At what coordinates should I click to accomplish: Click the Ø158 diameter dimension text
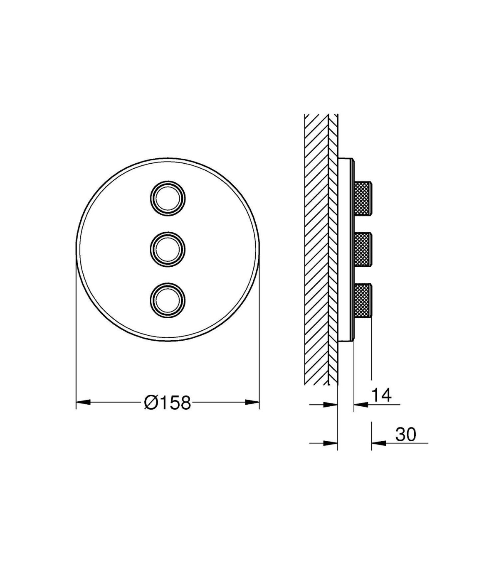tap(168, 403)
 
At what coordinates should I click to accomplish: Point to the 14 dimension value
tap(382, 395)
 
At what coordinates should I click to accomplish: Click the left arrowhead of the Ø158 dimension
tap(83, 402)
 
